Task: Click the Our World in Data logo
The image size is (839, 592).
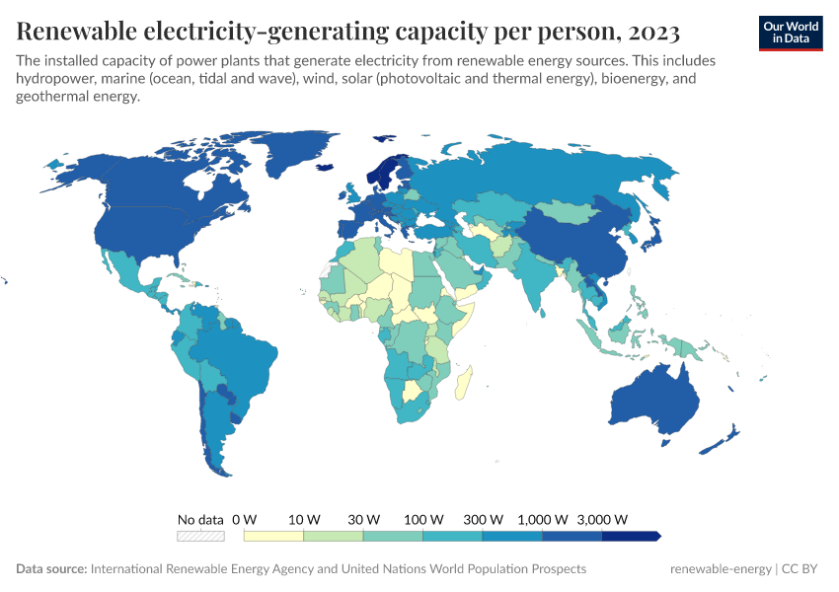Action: point(790,33)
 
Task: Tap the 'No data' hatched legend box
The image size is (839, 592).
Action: point(200,536)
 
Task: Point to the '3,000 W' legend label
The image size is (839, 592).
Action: point(602,519)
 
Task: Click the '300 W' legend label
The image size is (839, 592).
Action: point(484,519)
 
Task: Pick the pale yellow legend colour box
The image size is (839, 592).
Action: point(273,536)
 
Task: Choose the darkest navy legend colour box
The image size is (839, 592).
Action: point(630,536)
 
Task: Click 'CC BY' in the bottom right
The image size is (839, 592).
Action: point(801,569)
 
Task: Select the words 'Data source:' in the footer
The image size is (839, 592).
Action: point(51,569)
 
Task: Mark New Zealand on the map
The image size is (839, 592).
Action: point(725,440)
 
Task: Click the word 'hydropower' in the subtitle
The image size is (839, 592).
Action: point(56,79)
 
